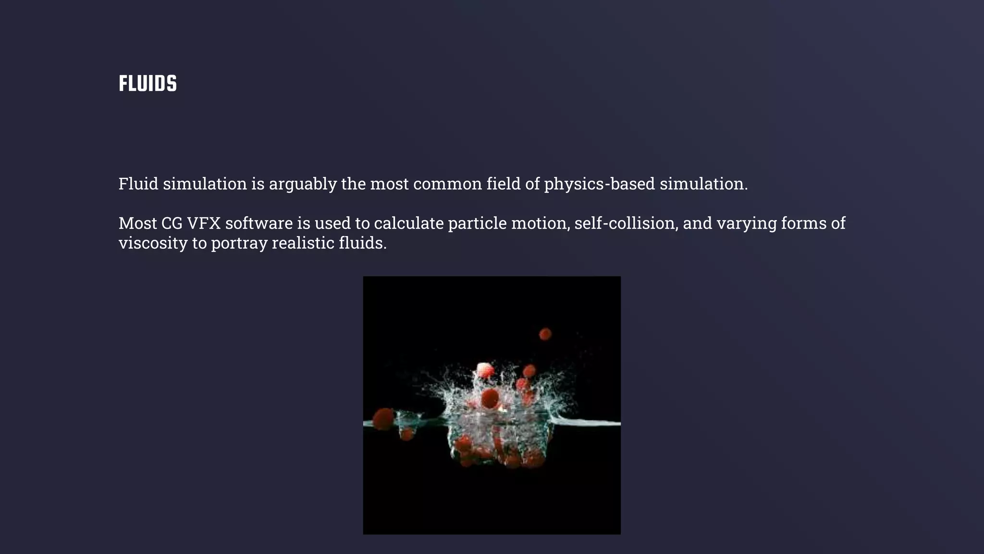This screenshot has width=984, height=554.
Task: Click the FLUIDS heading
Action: tap(148, 84)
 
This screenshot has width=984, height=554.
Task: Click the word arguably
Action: tap(303, 184)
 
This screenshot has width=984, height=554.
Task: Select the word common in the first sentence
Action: tap(447, 184)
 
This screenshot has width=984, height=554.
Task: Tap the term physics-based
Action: tap(599, 184)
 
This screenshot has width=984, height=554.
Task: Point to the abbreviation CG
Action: tap(172, 223)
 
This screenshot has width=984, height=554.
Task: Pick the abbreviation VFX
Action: tap(204, 223)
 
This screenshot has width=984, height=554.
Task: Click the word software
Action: tap(259, 223)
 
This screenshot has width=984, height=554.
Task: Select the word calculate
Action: tap(408, 223)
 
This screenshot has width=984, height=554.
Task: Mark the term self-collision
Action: tap(626, 223)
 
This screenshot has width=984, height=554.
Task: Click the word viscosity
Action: tap(153, 243)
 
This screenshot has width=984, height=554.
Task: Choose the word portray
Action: tap(239, 243)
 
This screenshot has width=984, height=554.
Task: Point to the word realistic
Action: tap(303, 243)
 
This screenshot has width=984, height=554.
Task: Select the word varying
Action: tap(746, 223)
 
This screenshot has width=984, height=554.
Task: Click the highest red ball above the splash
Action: tap(545, 334)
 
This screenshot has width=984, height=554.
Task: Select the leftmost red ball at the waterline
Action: tap(383, 418)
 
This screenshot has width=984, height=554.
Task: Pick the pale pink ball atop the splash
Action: tap(485, 370)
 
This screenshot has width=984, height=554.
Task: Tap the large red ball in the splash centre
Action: tap(490, 398)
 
